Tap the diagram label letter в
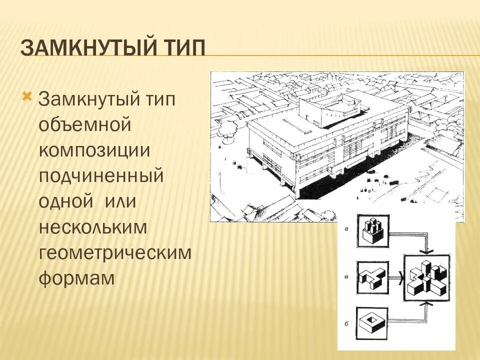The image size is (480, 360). (x=346, y=275)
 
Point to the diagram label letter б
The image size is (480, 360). (x=346, y=323)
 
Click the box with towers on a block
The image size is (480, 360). (x=372, y=231)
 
